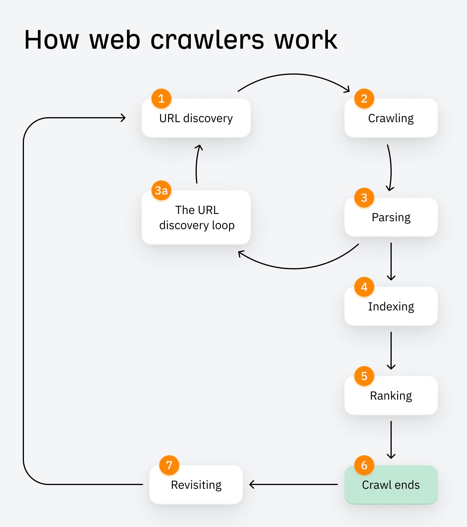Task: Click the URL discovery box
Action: click(x=196, y=118)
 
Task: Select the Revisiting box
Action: click(x=196, y=485)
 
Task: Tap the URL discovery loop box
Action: click(x=196, y=217)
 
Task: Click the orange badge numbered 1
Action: click(x=161, y=99)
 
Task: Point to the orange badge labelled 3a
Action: click(x=161, y=190)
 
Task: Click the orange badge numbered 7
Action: click(x=169, y=465)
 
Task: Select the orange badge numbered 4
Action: click(x=364, y=287)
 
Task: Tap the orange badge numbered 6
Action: click(x=364, y=465)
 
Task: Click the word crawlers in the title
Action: click(x=207, y=40)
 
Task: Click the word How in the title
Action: click(x=51, y=40)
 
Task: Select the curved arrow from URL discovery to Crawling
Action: click(x=293, y=74)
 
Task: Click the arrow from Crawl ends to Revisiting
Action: click(x=293, y=484)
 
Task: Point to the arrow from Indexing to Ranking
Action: click(x=391, y=350)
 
